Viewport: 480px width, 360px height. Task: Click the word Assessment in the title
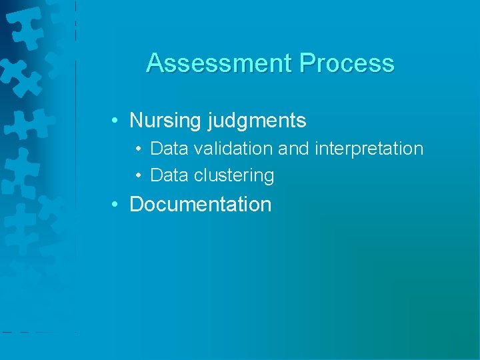(219, 63)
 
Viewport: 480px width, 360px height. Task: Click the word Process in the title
(347, 63)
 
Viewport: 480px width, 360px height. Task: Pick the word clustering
(234, 175)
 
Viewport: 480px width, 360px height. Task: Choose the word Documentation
(201, 204)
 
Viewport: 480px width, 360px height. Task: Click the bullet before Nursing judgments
(116, 121)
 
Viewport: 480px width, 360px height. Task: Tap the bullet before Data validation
(137, 148)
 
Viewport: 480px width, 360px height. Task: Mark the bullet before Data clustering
(137, 175)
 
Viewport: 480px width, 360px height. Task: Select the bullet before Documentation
(116, 204)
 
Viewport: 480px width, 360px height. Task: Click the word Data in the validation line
(169, 148)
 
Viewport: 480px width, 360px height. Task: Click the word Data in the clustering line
(169, 175)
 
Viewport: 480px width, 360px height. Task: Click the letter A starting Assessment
(155, 63)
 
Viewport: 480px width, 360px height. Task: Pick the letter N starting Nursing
(136, 121)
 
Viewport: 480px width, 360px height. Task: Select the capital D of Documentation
(136, 204)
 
